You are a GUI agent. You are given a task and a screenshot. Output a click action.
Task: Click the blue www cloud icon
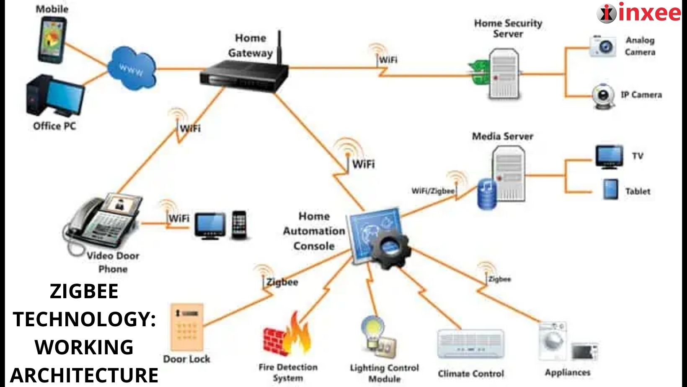pos(131,69)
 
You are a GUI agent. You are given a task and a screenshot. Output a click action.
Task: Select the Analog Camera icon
pos(603,46)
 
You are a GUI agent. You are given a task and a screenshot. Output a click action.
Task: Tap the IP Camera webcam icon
pos(603,96)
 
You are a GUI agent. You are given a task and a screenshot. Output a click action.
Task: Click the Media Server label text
pos(502,136)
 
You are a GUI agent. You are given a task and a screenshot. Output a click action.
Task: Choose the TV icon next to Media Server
pos(609,157)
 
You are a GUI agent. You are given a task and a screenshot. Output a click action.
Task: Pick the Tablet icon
pos(610,190)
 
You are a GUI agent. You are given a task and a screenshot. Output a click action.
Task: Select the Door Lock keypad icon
pos(187,327)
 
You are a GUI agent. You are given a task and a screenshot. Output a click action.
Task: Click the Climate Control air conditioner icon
pos(470,344)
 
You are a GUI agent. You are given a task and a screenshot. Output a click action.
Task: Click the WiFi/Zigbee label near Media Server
pos(433,191)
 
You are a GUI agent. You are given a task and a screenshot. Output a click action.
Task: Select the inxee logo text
pos(649,12)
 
